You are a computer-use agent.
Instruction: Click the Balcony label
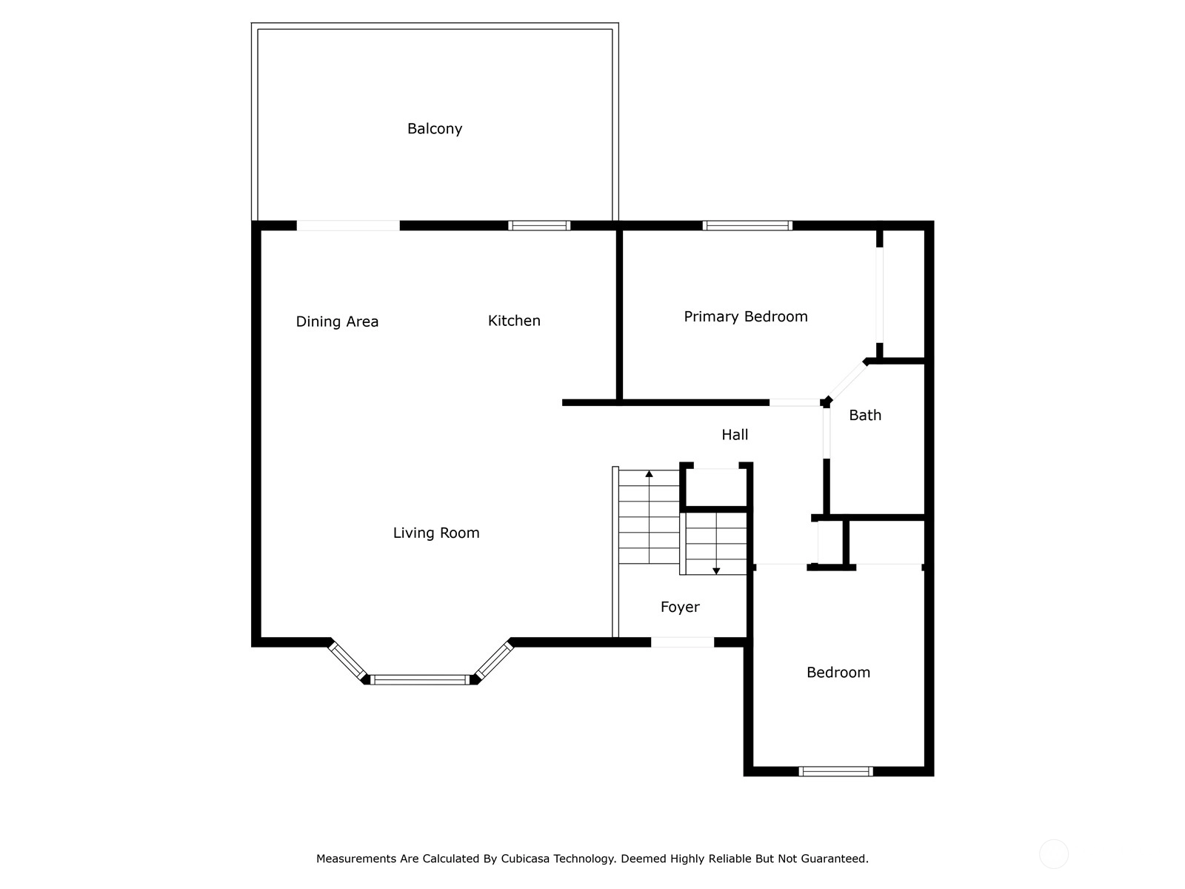pos(435,129)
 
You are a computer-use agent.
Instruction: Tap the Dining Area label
pos(337,322)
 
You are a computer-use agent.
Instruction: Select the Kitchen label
pos(514,321)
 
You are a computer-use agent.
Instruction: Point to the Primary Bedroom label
pos(746,317)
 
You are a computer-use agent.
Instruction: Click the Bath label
pos(865,415)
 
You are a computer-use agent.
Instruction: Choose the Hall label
pos(735,435)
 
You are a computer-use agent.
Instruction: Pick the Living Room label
pos(436,533)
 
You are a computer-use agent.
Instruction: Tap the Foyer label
pos(680,607)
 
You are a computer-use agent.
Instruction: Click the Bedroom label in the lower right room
pos(838,673)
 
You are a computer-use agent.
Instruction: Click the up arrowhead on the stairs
pos(649,474)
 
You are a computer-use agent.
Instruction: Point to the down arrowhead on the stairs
pos(716,571)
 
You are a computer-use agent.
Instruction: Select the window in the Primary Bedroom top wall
pos(747,226)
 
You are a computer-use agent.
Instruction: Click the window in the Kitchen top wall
pos(538,226)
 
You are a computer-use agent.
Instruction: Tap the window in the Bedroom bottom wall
pos(835,772)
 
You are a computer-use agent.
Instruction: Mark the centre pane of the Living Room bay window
pos(420,680)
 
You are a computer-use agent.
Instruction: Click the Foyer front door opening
pos(682,642)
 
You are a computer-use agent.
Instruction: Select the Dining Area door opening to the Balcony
pos(348,226)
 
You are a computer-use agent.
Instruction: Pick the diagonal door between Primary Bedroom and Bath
pos(847,381)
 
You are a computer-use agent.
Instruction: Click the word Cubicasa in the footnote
pos(523,859)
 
